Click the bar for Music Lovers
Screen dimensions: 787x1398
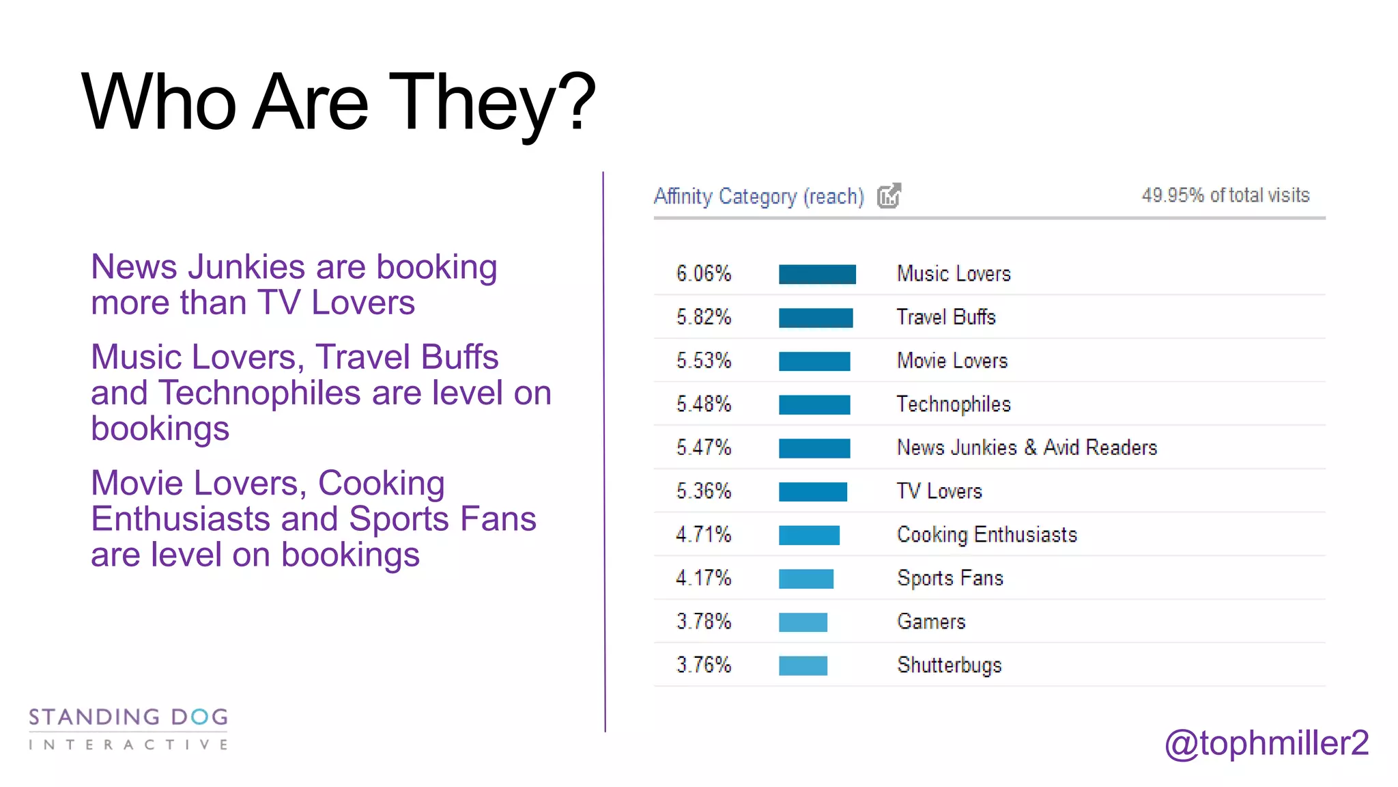click(x=817, y=274)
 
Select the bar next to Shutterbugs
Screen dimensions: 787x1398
click(x=803, y=665)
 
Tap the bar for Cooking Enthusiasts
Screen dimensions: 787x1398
click(x=809, y=535)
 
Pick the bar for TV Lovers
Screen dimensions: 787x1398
click(x=813, y=492)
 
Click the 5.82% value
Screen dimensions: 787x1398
click(x=704, y=318)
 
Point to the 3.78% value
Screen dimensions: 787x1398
click(x=704, y=622)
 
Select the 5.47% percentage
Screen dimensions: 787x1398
click(x=704, y=448)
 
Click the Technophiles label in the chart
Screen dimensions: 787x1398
click(x=954, y=404)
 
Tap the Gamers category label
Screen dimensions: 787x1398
click(x=931, y=622)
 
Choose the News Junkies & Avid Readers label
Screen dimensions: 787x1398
click(x=1027, y=448)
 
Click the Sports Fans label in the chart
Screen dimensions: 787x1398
click(x=950, y=579)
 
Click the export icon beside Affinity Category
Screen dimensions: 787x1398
click(x=889, y=196)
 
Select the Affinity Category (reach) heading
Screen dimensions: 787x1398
click(x=758, y=197)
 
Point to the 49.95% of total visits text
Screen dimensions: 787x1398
click(x=1225, y=195)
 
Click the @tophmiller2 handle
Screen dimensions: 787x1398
click(x=1266, y=743)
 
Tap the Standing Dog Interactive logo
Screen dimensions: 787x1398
click(x=128, y=729)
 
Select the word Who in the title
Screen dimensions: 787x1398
click(x=159, y=102)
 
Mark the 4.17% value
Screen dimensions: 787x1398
click(x=704, y=579)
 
